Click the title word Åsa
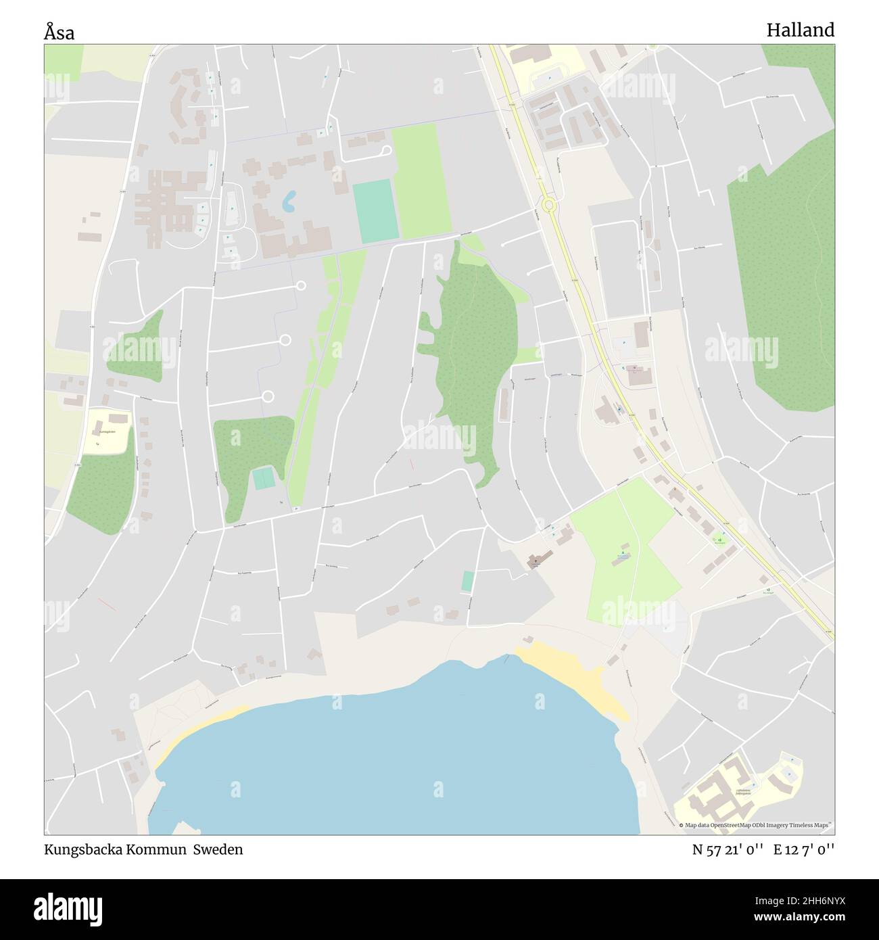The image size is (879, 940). [60, 31]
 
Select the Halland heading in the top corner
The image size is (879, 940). [800, 30]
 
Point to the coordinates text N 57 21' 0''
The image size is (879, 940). [726, 849]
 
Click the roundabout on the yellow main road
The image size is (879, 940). [548, 203]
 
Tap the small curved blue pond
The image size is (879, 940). [289, 199]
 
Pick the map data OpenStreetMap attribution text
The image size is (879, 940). [755, 825]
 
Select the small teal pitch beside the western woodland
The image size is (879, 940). [264, 479]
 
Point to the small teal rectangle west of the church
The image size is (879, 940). [467, 581]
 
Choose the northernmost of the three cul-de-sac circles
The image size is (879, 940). [300, 286]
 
